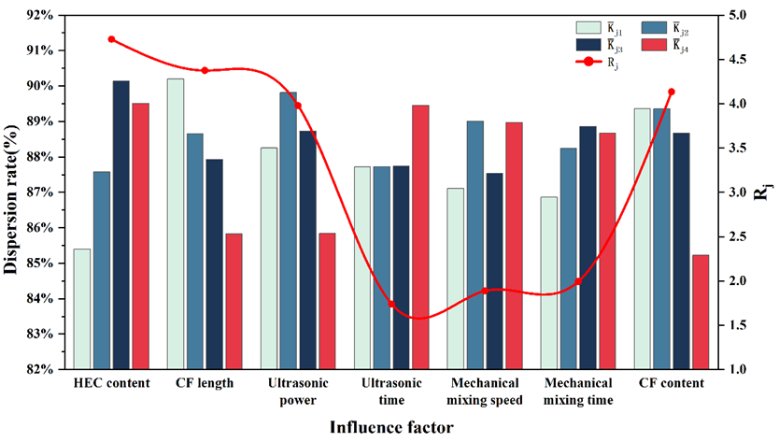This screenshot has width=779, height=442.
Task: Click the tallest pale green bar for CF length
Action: [176, 223]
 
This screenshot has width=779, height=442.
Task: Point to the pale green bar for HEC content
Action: [82, 308]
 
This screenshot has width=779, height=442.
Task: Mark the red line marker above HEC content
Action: [111, 39]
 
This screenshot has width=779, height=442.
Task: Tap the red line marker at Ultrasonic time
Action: [391, 305]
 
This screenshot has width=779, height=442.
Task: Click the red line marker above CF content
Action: [672, 92]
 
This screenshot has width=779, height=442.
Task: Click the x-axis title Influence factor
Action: [391, 427]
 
